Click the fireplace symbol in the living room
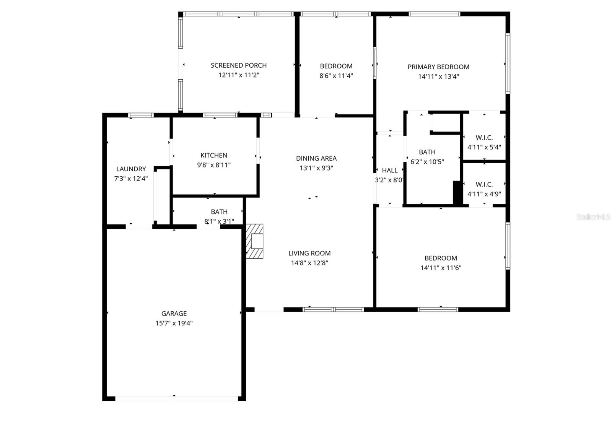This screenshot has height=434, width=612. (x=255, y=241)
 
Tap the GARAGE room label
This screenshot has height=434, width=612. (x=174, y=314)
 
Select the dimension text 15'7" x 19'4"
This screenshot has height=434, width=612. (x=174, y=323)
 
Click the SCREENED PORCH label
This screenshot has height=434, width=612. (x=239, y=65)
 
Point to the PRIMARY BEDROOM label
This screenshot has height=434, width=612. (x=438, y=67)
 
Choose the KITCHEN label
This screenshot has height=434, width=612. (x=214, y=155)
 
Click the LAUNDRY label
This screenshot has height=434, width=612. (x=131, y=169)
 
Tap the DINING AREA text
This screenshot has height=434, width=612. (x=316, y=158)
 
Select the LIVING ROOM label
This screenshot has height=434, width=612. (x=309, y=253)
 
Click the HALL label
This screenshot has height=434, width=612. (x=389, y=171)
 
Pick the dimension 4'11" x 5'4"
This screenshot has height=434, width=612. (x=484, y=147)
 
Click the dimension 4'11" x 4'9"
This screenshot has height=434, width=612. (x=484, y=194)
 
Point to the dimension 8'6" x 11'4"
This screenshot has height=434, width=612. (x=336, y=76)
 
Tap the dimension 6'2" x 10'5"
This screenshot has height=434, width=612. (x=427, y=162)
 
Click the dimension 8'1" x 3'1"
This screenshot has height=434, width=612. (x=219, y=221)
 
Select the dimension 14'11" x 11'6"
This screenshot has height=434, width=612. (x=441, y=268)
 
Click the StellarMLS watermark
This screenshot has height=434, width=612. (x=593, y=217)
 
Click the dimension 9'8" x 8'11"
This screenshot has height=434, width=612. (x=214, y=165)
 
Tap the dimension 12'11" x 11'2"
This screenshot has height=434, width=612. (x=239, y=75)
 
